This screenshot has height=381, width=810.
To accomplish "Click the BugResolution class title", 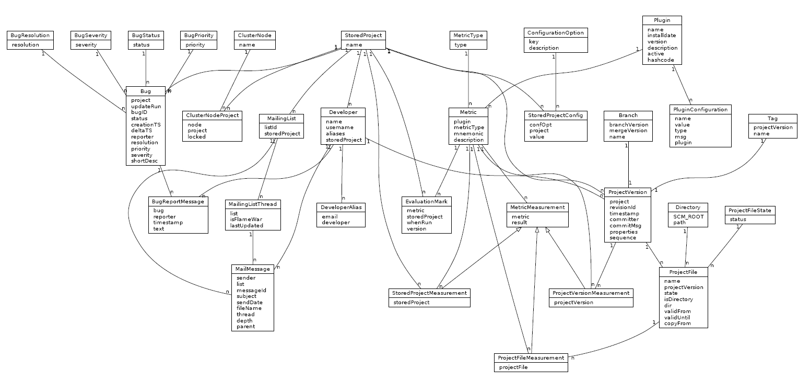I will [x=29, y=36].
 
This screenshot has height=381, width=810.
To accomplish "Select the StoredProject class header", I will [x=363, y=36].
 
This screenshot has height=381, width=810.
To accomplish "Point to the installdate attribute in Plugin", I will [x=662, y=36].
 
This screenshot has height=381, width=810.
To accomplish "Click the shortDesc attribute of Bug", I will [x=144, y=161].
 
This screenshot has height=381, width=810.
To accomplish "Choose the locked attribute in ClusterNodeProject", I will [x=197, y=137].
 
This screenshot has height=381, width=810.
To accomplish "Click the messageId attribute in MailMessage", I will [x=251, y=290].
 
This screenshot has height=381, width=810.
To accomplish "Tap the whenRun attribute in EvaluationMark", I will [x=418, y=223].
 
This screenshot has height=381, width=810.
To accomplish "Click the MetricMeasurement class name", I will [x=537, y=207].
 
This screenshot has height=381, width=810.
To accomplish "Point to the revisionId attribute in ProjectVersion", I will [x=623, y=207].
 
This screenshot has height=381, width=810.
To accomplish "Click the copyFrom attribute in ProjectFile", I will [x=677, y=324].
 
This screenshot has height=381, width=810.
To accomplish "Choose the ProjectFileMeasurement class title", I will [x=531, y=358].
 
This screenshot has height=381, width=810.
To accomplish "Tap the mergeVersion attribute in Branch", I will [x=628, y=131].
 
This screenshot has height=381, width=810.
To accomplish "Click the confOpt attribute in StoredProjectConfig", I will [x=540, y=124].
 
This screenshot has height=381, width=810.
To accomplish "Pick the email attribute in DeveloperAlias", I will [x=330, y=216].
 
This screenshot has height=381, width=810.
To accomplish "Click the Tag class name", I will [x=772, y=118].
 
